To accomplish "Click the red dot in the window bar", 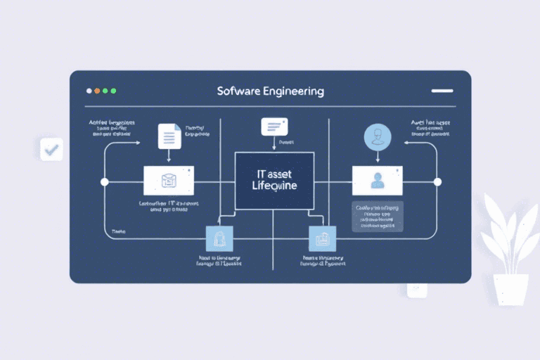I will click(x=89, y=91).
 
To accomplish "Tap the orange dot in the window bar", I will click(x=97, y=91).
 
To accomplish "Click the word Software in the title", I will click(x=238, y=91).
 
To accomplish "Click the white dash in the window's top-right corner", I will click(x=442, y=91).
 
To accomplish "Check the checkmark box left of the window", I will click(x=51, y=149).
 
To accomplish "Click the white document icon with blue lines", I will click(x=169, y=135).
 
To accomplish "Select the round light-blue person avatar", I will click(x=377, y=136).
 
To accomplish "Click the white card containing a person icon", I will click(x=377, y=180).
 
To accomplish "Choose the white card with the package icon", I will click(x=168, y=181).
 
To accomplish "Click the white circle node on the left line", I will click(x=105, y=182).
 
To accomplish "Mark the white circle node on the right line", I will click(x=437, y=182).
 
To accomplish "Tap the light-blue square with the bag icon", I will click(x=219, y=239).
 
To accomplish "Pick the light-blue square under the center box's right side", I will click(x=323, y=239).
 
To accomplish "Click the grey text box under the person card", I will click(x=377, y=217).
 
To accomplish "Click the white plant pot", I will click(x=510, y=288).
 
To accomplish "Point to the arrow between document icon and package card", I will click(x=169, y=157).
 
